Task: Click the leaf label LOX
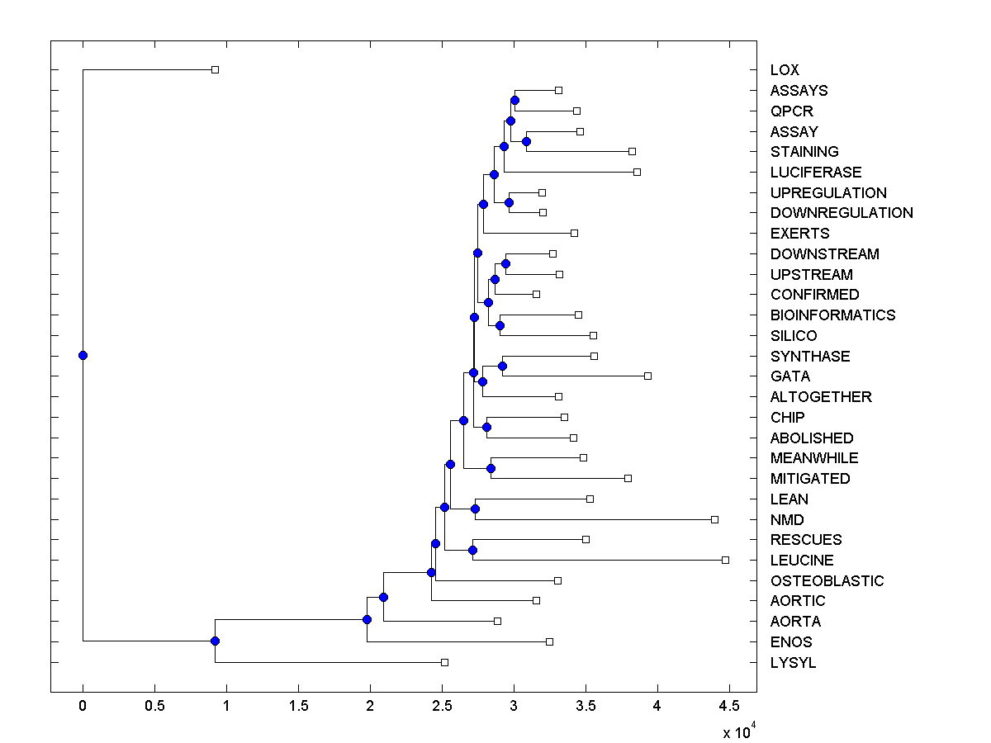[x=785, y=70]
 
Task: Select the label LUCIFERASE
[x=816, y=173]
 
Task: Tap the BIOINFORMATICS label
[x=832, y=315]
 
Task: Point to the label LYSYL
[x=793, y=663]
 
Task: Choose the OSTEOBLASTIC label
[x=827, y=581]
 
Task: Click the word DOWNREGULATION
[x=842, y=213]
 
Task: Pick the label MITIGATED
[x=810, y=479]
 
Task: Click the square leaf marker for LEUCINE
[x=725, y=560]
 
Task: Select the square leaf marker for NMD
[x=714, y=519]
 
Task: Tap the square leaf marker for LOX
[x=215, y=69]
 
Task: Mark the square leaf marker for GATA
[x=647, y=376]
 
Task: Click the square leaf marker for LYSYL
[x=444, y=662]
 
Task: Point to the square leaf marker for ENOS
[x=549, y=641]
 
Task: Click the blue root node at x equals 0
[x=83, y=355]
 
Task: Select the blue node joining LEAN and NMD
[x=475, y=509]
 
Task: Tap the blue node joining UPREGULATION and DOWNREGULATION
[x=509, y=202]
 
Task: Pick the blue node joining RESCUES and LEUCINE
[x=472, y=550]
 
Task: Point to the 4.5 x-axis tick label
[x=728, y=705]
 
